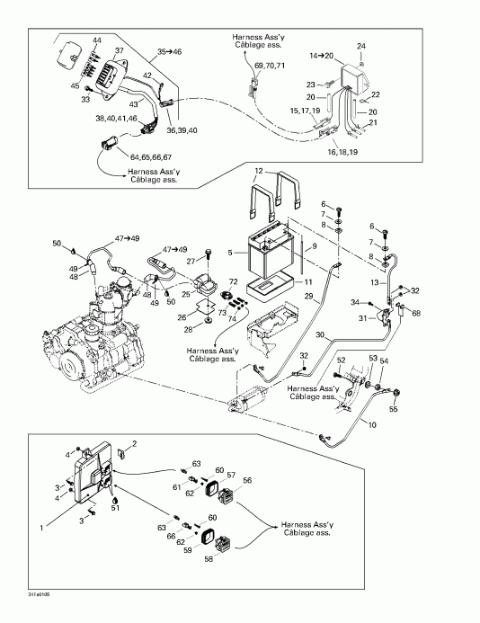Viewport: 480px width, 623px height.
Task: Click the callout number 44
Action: (97, 42)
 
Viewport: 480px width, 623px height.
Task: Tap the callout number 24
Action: (361, 46)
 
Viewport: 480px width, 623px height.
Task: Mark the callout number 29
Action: (308, 296)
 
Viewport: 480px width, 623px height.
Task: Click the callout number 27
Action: (191, 261)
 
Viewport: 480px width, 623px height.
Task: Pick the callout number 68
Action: (416, 313)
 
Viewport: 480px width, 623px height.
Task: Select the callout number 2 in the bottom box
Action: (135, 444)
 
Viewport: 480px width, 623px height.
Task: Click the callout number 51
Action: (115, 508)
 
